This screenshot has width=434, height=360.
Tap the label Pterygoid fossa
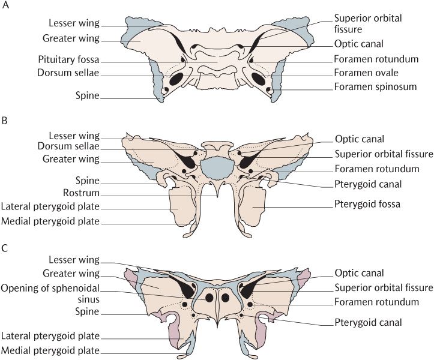point(367,204)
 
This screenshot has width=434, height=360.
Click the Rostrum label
point(81,193)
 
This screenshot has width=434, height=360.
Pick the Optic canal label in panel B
point(360,139)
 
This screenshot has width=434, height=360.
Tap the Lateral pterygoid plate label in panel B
point(50,207)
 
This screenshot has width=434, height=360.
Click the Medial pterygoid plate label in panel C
point(50,350)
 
